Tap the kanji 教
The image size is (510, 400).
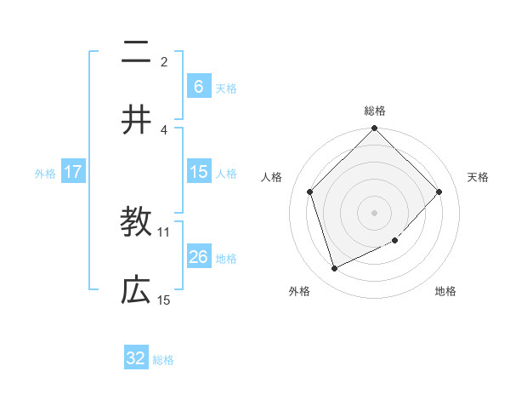(136, 223)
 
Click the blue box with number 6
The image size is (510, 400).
(198, 87)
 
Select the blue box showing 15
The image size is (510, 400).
(198, 172)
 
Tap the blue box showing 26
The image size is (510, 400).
(198, 257)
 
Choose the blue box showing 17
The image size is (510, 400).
(73, 172)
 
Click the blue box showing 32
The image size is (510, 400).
(136, 358)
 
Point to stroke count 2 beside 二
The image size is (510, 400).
(164, 61)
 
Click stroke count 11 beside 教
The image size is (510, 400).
(164, 231)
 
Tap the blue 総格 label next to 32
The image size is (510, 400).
(163, 360)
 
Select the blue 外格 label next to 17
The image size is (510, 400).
(45, 174)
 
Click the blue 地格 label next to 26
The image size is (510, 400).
(226, 259)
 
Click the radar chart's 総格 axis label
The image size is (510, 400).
(375, 111)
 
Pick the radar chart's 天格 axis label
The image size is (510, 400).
(479, 177)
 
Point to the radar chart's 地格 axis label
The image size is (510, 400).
(445, 291)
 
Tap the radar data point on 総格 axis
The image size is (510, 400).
(375, 129)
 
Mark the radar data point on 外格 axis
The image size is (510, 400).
(335, 269)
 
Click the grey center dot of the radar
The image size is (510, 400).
(375, 212)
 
